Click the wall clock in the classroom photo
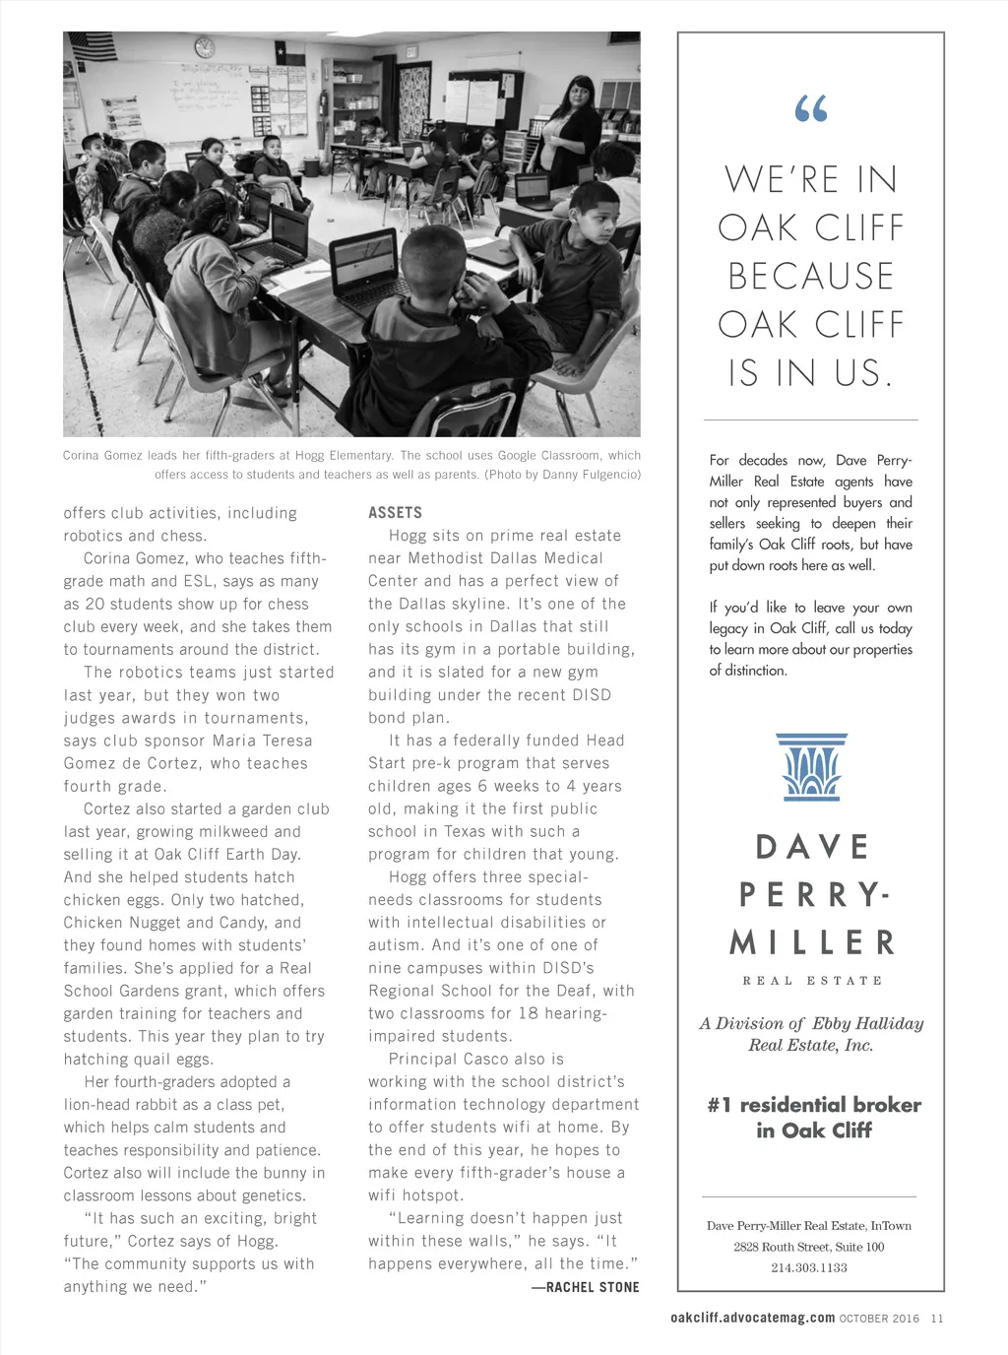pos(205,46)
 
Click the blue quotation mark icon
pos(810,108)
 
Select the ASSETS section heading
pos(395,513)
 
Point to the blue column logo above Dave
pos(811,766)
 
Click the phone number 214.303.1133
pos(809,1267)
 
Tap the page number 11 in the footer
pos(937,1318)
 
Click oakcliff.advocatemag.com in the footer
pos(752,1318)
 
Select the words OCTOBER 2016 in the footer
pos(879,1318)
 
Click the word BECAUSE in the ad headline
pos(811,277)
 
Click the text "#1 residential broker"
pos(814,1105)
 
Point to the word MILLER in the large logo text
pos(812,942)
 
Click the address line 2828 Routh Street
pos(808,1247)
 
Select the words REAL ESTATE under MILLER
pos(812,981)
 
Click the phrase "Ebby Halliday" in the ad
pos(867,1024)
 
